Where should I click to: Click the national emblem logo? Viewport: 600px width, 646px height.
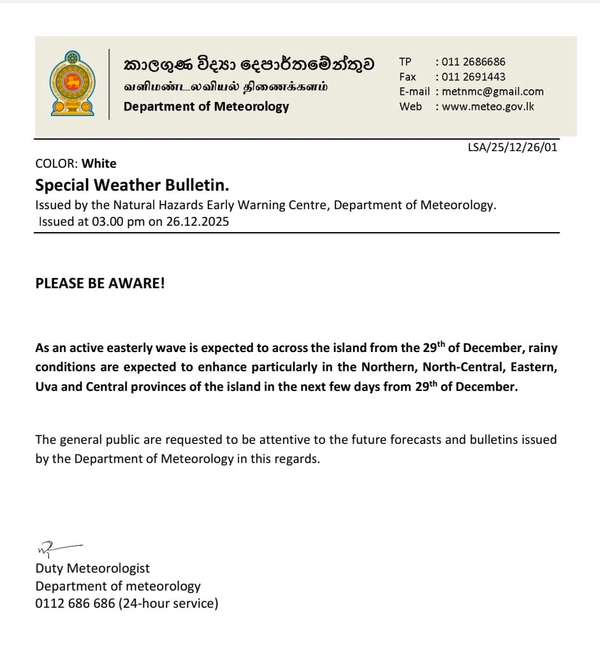(72, 84)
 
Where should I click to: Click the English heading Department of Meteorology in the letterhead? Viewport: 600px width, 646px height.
(206, 106)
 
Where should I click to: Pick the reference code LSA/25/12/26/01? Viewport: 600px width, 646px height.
(512, 147)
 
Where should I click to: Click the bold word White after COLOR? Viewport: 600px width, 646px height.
(99, 163)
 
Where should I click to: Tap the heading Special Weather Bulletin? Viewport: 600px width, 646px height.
(132, 185)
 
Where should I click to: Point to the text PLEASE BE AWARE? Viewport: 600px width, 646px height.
(100, 283)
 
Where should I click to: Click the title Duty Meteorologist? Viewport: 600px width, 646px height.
(92, 568)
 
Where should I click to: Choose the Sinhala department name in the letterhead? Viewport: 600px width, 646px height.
(249, 64)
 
